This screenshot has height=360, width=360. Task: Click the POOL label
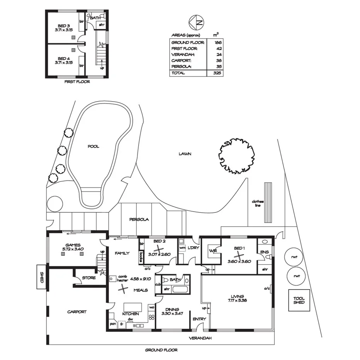point(93,146)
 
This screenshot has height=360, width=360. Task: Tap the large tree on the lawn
point(236,155)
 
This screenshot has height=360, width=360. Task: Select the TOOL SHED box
point(299,300)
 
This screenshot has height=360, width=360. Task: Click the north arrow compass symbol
point(196,22)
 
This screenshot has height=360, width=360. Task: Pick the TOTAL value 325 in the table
point(216,73)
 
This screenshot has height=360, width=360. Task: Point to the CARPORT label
point(76,312)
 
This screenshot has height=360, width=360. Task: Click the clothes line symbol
point(267,202)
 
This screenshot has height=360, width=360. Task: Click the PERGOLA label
point(139,219)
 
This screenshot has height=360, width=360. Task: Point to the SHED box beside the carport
point(42,276)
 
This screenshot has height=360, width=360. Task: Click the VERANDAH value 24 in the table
point(216,54)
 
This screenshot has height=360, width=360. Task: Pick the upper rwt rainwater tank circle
point(295,256)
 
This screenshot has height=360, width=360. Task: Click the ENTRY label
point(199,319)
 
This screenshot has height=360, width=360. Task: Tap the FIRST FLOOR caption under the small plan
point(78,82)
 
